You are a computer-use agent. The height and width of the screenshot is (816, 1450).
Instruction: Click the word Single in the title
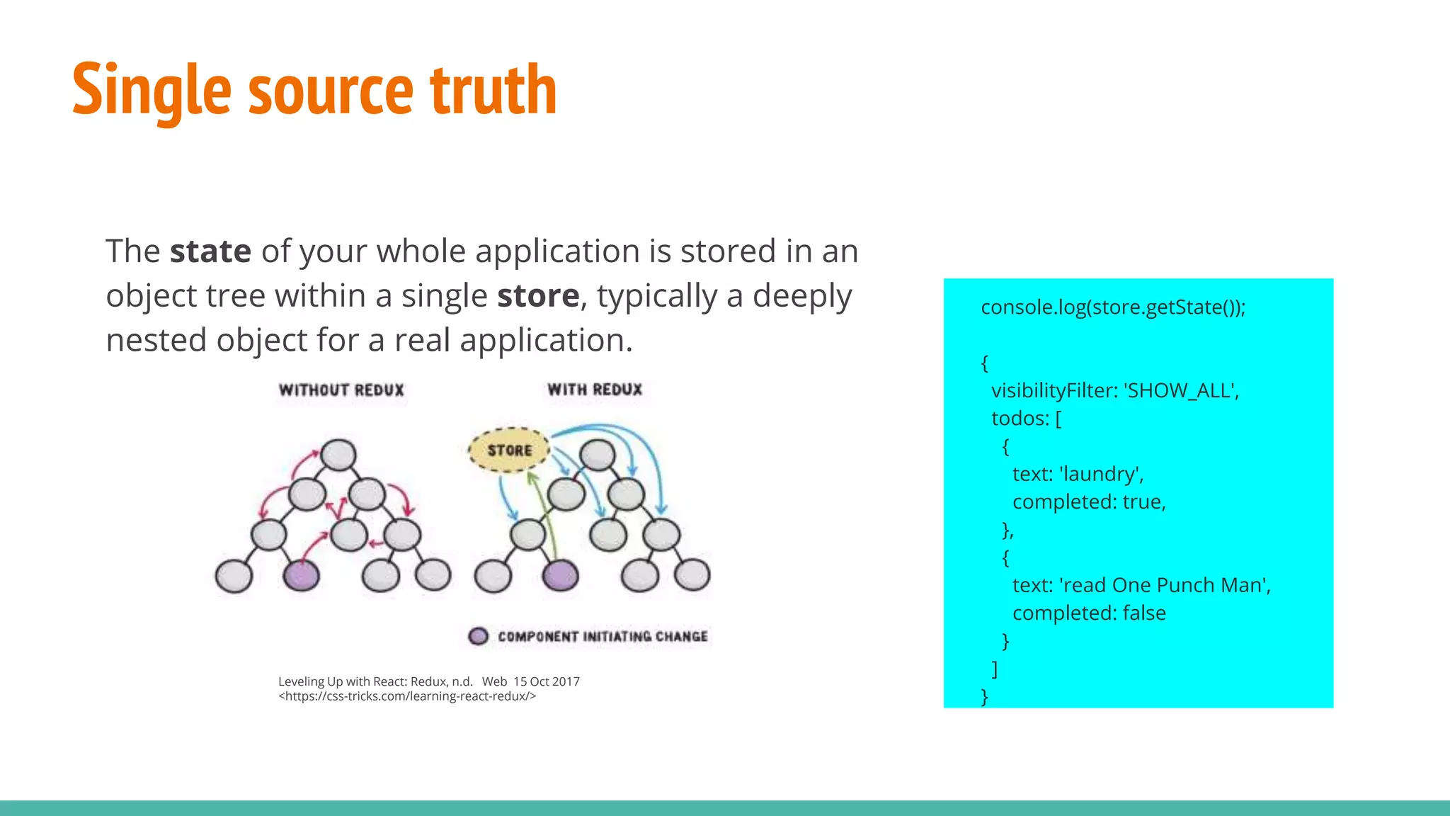coord(152,90)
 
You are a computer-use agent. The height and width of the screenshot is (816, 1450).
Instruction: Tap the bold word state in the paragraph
coord(210,251)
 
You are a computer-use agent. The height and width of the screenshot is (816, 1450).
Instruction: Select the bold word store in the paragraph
coord(538,296)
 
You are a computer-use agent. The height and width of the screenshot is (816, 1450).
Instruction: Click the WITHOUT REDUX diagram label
coord(341,390)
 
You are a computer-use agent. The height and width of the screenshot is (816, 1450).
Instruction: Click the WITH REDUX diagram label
coord(595,390)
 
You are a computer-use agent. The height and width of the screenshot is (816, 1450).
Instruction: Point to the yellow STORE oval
coord(509,450)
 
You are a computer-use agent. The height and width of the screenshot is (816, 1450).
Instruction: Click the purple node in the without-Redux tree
coord(301,575)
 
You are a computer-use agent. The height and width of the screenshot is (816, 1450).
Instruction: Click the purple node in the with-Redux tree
coord(560,575)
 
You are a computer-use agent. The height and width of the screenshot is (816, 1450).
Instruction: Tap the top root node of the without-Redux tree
coord(338,455)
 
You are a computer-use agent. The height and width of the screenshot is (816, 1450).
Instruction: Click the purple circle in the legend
coord(479,636)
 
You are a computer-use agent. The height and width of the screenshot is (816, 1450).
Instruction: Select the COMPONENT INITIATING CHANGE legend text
coord(603,637)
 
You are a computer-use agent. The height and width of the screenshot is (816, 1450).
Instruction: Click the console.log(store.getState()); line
coord(1112,307)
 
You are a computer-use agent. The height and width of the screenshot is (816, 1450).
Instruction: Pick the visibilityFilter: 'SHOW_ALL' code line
coord(1115,391)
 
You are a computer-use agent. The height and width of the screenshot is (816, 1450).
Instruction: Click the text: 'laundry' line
coord(1078,474)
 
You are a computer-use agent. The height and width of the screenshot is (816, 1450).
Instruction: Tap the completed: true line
coord(1089,502)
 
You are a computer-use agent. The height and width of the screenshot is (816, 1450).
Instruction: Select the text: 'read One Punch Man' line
coord(1141,585)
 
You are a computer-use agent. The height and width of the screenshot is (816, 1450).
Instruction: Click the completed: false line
coord(1089,613)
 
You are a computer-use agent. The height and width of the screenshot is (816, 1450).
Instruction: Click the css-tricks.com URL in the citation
coord(407,696)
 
